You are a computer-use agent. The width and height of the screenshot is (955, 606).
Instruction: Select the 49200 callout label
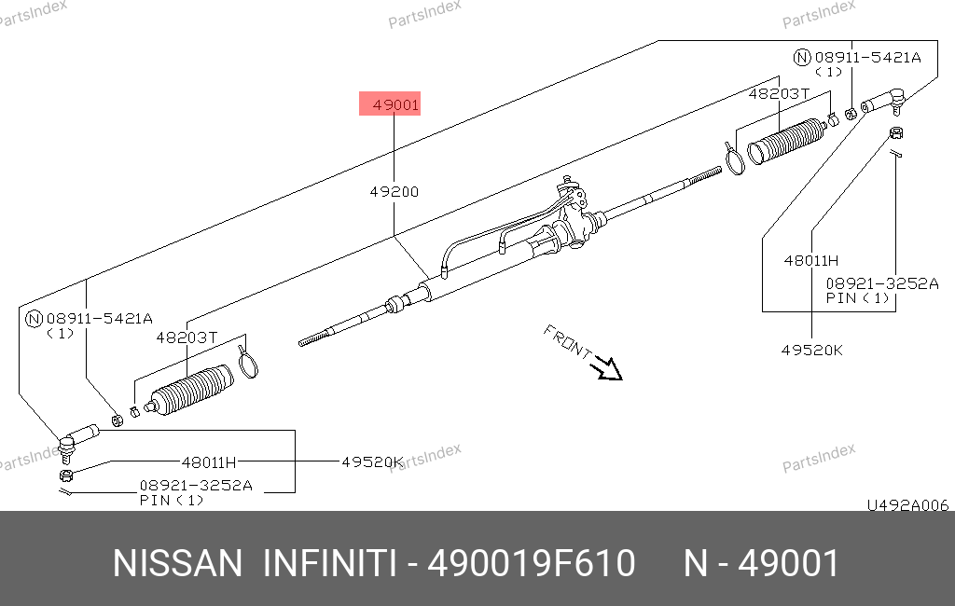coord(394,192)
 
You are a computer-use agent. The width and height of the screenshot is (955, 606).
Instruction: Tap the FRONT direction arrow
coord(608,368)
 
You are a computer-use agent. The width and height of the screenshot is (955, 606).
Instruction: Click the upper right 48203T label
coord(779,94)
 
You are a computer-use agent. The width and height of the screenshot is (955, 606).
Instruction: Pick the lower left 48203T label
coord(187,337)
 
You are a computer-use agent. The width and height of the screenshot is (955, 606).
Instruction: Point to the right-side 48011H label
coord(811,261)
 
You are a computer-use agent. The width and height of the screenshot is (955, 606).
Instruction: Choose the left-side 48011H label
coord(209,462)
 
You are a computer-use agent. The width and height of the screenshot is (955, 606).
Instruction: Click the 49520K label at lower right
coord(812,351)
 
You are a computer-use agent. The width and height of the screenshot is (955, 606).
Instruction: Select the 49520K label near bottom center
coord(372,462)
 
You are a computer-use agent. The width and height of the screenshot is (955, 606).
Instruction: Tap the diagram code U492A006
coord(908,505)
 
